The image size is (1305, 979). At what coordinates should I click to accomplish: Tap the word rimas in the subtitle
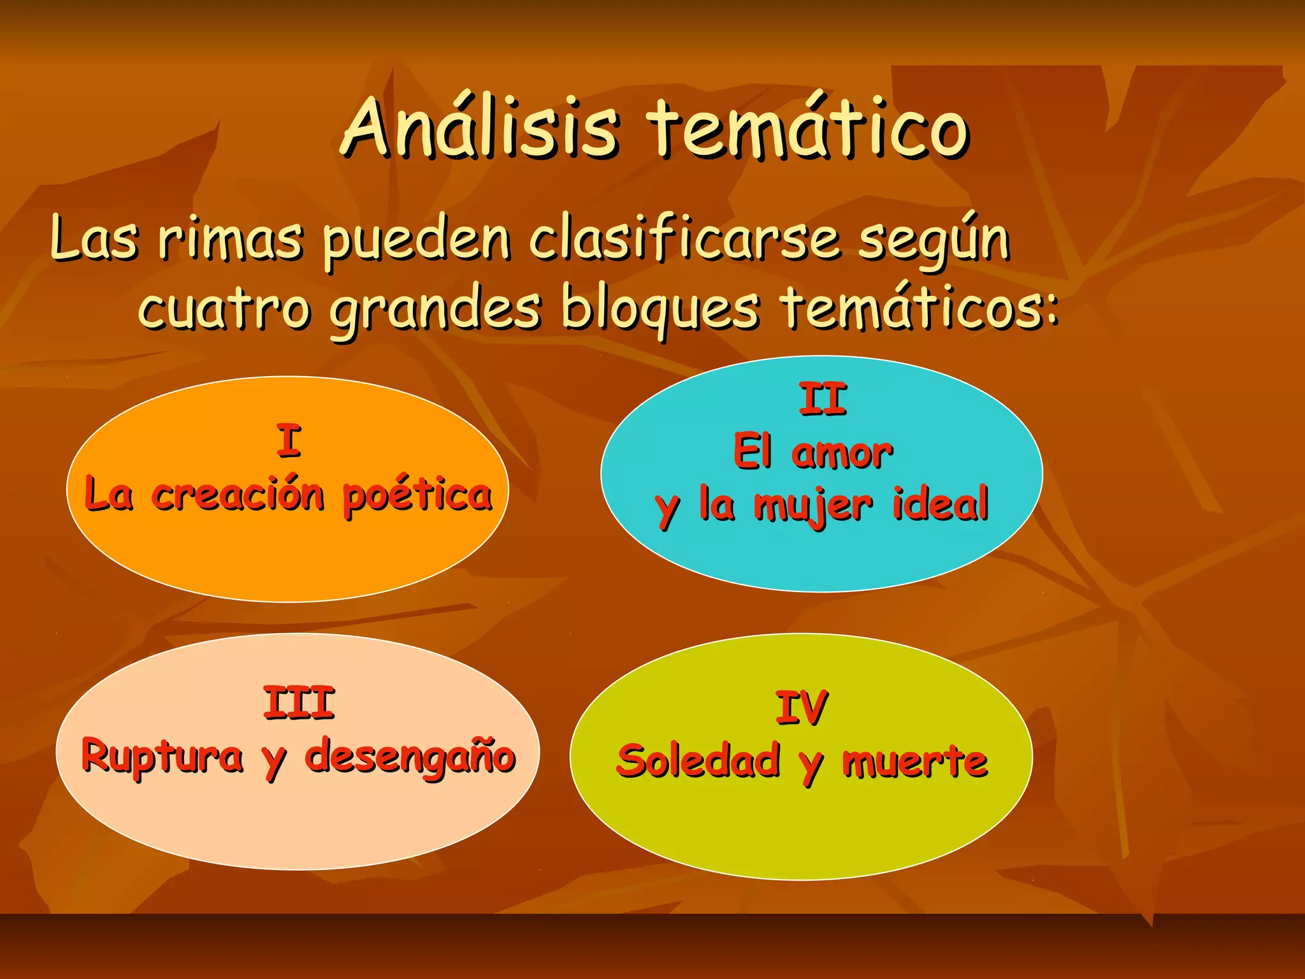(230, 240)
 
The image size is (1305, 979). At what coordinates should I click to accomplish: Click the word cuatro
(224, 308)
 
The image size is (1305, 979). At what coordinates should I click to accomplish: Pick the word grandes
(436, 310)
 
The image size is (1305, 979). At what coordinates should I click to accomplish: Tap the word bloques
(660, 308)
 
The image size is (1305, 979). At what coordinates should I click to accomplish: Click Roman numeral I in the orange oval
(289, 441)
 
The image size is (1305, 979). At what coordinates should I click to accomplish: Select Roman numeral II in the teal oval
(823, 399)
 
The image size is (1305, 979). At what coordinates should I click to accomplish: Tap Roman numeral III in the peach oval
(299, 703)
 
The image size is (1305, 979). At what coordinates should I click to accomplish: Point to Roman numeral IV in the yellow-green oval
(802, 707)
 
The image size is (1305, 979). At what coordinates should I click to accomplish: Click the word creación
(238, 495)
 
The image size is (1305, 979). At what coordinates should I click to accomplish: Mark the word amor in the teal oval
(842, 453)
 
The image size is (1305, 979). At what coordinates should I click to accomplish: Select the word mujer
(813, 506)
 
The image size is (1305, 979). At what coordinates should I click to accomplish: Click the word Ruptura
(162, 757)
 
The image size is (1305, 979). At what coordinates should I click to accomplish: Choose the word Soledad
(698, 760)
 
